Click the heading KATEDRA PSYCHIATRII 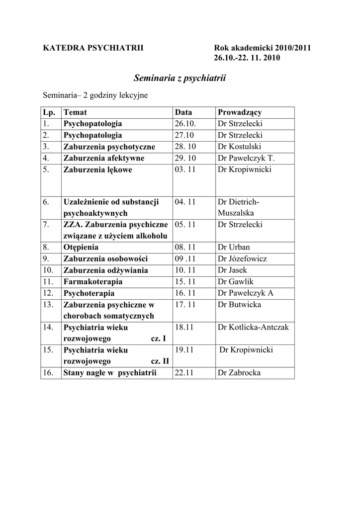pyautogui.click(x=93, y=48)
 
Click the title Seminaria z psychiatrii pyautogui.click(x=180, y=78)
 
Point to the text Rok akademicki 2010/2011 pyautogui.click(x=262, y=48)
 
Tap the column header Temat pyautogui.click(x=75, y=112)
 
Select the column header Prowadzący pyautogui.click(x=240, y=112)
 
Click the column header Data pyautogui.click(x=183, y=112)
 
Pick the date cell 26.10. pyautogui.click(x=184, y=124)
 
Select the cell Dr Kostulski pyautogui.click(x=239, y=147)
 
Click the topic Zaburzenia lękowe pyautogui.click(x=98, y=170)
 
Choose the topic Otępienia pyautogui.click(x=81, y=247)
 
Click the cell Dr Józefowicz pyautogui.click(x=242, y=259)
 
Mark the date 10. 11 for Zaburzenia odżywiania pyautogui.click(x=185, y=270)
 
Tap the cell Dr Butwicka pyautogui.click(x=239, y=305)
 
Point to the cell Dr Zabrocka pyautogui.click(x=239, y=373)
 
